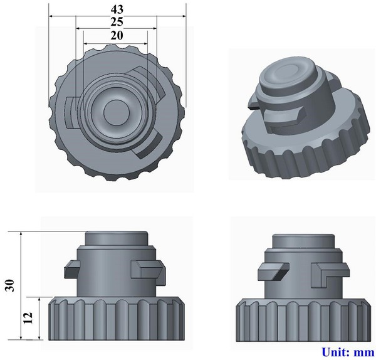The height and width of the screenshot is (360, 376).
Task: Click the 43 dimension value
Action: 117,9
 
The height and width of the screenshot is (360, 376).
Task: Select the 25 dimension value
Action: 117,23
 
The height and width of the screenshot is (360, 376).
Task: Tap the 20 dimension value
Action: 117,36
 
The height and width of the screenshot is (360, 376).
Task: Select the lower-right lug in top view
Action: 150,145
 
